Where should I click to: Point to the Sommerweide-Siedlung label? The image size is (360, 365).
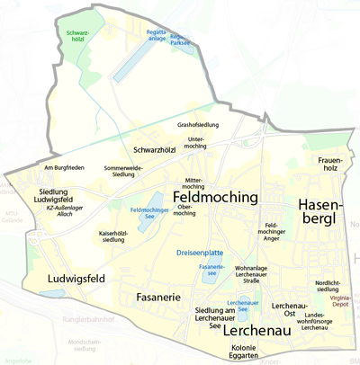pos(123,171)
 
